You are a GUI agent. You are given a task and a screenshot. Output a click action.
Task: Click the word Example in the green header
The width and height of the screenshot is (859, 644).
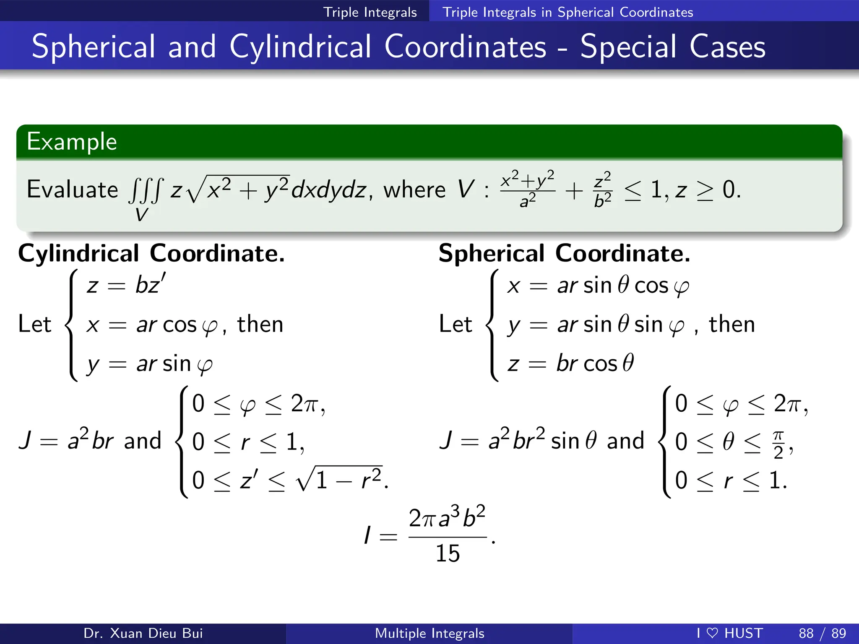(x=72, y=142)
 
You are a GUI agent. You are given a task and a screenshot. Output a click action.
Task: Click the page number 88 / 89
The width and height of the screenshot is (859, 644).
(x=822, y=633)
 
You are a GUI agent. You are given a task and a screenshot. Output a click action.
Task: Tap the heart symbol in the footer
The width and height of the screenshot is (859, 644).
(x=712, y=633)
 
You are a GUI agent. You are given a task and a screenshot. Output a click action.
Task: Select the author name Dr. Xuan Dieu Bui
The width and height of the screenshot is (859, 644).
(x=143, y=633)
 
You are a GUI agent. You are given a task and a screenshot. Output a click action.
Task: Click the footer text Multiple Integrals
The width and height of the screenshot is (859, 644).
(x=429, y=633)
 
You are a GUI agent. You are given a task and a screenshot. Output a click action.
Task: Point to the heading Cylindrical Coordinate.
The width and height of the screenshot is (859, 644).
(x=151, y=253)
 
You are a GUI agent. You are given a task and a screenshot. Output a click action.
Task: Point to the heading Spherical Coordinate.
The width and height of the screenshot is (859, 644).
(x=564, y=253)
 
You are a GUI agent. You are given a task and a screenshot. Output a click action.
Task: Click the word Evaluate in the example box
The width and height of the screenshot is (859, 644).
(x=72, y=190)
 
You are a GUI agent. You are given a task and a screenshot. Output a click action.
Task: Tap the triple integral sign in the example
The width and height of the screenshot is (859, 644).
(x=145, y=191)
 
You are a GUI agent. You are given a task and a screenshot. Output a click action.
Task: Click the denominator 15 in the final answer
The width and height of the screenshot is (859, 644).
(x=448, y=553)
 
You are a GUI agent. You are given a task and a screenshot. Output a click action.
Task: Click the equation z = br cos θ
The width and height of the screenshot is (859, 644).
(x=570, y=363)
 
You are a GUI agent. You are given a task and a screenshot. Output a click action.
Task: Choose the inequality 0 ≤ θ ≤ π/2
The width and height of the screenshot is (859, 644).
(x=734, y=442)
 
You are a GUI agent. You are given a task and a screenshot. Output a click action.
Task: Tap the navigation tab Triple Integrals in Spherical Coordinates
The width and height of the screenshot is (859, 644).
(x=567, y=12)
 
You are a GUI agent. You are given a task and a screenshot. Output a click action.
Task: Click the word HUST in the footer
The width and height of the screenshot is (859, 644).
(x=744, y=633)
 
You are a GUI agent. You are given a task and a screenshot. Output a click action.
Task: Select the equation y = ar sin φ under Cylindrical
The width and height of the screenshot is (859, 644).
(x=149, y=364)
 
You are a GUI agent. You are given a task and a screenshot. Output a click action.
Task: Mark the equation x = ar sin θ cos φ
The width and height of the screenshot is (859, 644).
(x=598, y=286)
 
